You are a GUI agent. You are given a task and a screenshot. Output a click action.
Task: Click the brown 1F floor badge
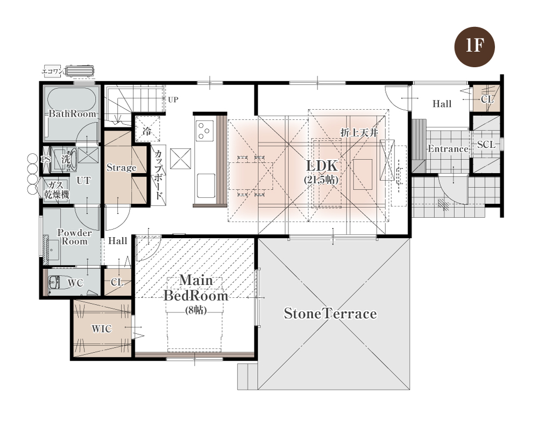[x=475, y=47]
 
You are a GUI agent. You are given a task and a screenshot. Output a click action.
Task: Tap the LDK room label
[x=322, y=166]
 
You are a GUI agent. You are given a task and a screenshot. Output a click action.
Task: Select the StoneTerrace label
[x=330, y=313]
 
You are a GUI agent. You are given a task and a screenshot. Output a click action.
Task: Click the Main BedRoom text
[x=196, y=288]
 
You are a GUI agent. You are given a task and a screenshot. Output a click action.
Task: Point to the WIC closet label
[x=102, y=329]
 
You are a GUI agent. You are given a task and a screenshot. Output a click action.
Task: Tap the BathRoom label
[x=73, y=113]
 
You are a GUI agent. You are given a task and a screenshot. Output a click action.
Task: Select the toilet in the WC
[x=58, y=283]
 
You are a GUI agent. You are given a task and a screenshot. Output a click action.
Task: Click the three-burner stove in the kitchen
[x=204, y=131]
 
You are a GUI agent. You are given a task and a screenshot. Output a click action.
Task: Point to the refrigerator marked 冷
[x=147, y=129]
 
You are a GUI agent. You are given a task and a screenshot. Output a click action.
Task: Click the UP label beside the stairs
[x=173, y=100]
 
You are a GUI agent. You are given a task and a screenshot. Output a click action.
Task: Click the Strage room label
[x=121, y=168]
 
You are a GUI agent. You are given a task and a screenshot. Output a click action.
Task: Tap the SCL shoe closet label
[x=486, y=145]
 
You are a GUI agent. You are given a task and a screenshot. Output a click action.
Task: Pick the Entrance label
[x=448, y=149]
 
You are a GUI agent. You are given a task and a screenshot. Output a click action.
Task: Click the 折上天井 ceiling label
[x=359, y=132]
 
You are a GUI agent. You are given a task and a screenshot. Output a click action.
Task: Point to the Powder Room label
[x=74, y=237]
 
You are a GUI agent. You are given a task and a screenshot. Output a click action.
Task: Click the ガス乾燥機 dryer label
[x=56, y=190]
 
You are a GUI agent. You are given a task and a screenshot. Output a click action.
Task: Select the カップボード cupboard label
[x=159, y=175]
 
